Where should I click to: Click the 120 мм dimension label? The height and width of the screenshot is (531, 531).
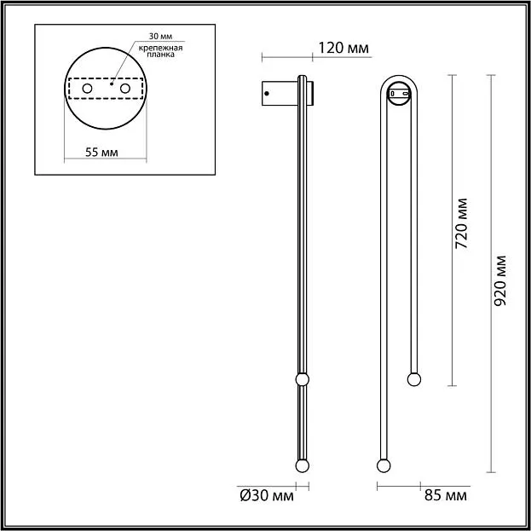[343, 48]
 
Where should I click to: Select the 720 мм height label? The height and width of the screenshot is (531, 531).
[461, 223]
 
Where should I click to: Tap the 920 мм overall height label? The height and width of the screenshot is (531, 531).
[499, 280]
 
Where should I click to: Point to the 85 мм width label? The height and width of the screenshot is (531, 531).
[445, 496]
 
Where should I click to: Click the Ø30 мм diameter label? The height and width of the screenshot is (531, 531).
[267, 496]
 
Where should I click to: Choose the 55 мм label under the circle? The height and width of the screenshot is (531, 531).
[101, 153]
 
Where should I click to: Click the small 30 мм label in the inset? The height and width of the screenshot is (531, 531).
[160, 37]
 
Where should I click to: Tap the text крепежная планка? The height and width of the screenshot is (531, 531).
[160, 51]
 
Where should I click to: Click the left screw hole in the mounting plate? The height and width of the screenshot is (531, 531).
[87, 89]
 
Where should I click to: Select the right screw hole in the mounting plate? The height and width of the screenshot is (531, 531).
[125, 89]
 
